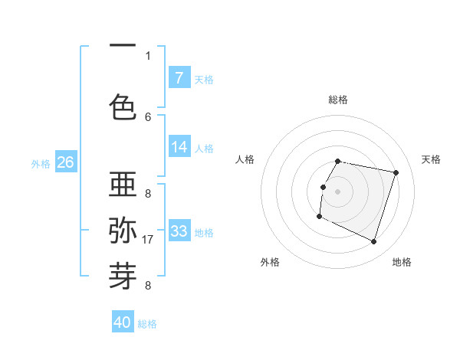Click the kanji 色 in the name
pos(123,106)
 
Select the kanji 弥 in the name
pos(123,229)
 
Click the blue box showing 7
pos(179,78)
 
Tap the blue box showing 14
pos(179,147)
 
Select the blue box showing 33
pos(179,231)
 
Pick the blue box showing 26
pos(65,162)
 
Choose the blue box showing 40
pos(123,322)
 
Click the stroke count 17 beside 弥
pos(148,239)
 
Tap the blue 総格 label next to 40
pos(147,324)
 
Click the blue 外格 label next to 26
pos(41,163)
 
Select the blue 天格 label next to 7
pos(204,79)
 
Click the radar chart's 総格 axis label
pos(338,100)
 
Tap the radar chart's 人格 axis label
pos(245,159)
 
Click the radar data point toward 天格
pos(396,172)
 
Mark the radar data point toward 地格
pos(373,242)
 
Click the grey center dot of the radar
pos(338,191)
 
